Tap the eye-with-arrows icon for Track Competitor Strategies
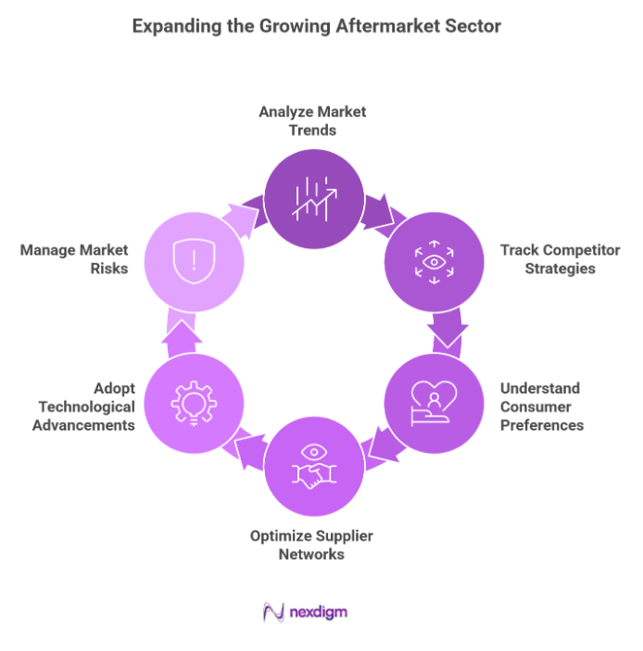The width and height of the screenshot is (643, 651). (433, 262)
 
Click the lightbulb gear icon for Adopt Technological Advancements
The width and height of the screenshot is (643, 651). (195, 402)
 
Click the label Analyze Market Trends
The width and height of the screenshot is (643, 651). (312, 120)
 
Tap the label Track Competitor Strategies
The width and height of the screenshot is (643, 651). (548, 258)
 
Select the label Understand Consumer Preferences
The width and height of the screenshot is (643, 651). (542, 407)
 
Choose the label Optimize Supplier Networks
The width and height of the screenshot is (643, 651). (312, 545)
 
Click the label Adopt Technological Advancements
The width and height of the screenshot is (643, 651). (83, 407)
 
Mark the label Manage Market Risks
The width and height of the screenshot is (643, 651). (74, 258)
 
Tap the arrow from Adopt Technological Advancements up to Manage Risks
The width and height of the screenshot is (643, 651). (179, 331)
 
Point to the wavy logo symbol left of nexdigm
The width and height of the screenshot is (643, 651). (274, 612)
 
